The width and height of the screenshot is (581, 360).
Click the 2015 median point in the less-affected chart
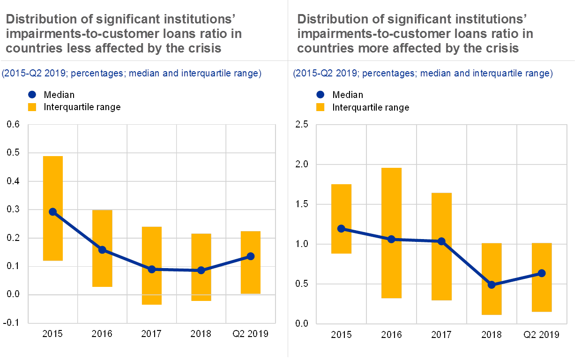[52, 212]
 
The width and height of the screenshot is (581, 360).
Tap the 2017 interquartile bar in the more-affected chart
[441, 272]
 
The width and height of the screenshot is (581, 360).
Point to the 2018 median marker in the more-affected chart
[492, 285]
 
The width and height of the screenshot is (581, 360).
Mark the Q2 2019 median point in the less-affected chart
[250, 256]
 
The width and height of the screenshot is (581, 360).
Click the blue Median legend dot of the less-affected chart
[32, 95]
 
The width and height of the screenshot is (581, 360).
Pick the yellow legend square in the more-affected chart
[320, 107]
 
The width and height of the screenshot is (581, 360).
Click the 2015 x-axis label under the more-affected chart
[342, 334]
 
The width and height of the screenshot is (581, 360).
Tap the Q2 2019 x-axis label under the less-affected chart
[250, 334]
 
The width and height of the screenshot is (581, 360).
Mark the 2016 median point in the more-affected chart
[392, 239]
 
